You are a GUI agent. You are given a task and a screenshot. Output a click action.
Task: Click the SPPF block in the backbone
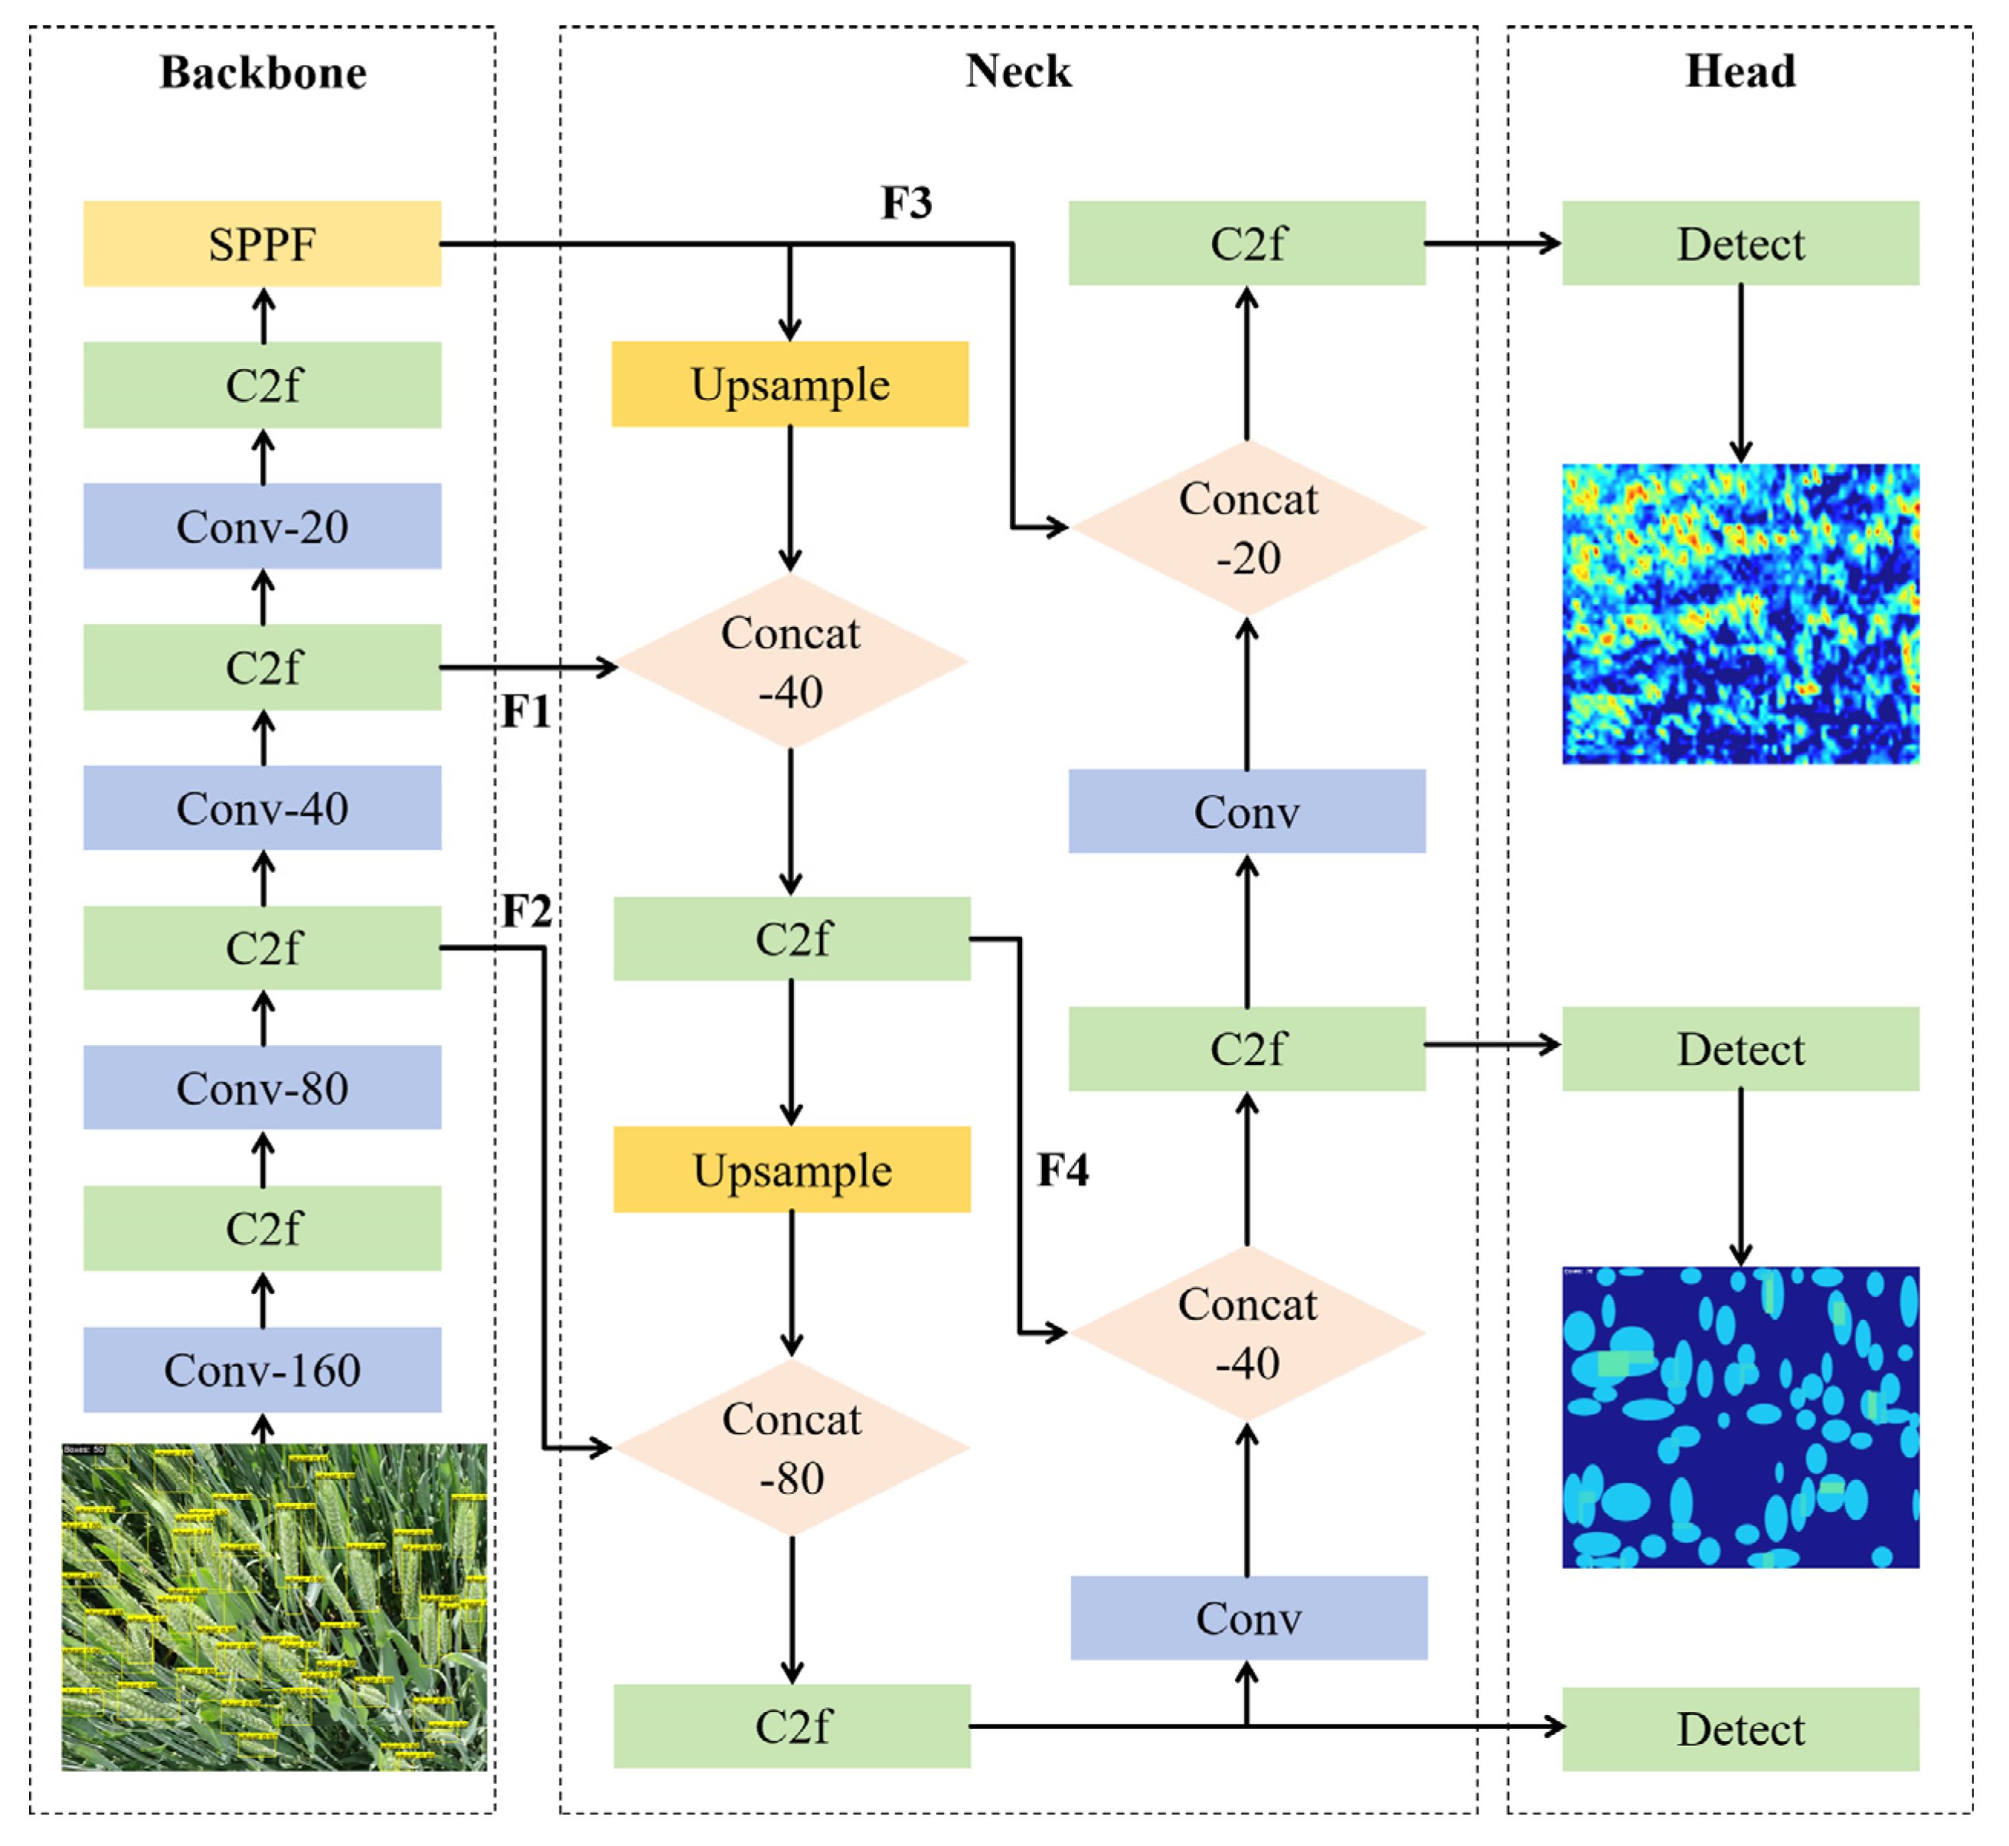point(262,243)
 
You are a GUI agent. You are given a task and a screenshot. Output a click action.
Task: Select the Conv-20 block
point(262,527)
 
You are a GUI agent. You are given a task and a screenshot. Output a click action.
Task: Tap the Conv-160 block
point(262,1370)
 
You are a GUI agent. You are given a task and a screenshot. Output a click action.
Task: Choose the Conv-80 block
point(262,1088)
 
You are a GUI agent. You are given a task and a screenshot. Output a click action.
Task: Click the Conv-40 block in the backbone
point(262,808)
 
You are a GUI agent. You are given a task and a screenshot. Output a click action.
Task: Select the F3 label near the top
point(906,203)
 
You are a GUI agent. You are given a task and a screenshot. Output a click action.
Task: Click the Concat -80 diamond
point(791,1447)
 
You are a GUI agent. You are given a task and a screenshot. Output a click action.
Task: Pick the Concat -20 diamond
point(1248,528)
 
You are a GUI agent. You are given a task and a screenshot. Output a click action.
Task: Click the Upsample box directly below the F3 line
point(790,384)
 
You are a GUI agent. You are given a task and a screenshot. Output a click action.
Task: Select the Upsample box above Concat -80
point(791,1170)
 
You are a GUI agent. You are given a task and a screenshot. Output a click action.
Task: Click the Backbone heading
point(263,73)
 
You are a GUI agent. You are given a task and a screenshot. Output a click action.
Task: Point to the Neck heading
point(1018,72)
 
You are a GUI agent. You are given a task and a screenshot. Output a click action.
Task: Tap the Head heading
point(1740,72)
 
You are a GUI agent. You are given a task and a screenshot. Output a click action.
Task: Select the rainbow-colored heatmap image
point(1740,613)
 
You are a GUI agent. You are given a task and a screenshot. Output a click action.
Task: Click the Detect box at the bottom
point(1740,1729)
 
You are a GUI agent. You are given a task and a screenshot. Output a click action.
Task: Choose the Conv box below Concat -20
point(1246,811)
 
